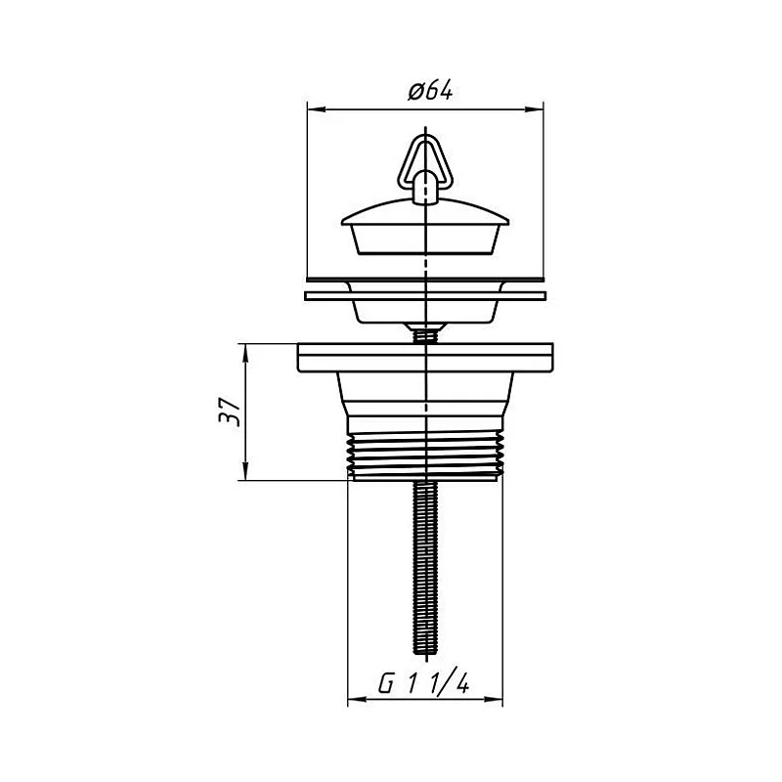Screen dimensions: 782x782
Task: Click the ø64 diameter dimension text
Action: pos(430,92)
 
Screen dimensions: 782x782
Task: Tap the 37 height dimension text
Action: pos(230,412)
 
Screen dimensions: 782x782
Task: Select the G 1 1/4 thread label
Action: pos(423,683)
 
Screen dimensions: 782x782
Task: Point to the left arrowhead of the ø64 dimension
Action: pos(316,109)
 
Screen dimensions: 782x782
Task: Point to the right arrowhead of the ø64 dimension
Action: pos(534,109)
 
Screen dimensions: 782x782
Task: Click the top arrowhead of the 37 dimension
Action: pos(245,352)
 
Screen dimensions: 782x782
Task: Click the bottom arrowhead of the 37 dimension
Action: pos(245,471)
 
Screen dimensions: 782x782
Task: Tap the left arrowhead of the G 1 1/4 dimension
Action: pos(357,700)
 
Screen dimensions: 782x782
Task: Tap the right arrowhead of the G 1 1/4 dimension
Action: pos(494,700)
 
